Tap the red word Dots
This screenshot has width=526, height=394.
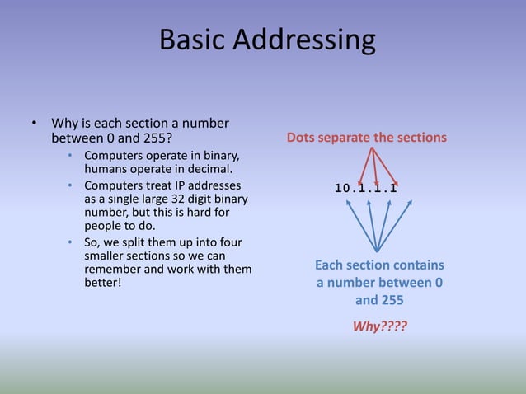coord(304,138)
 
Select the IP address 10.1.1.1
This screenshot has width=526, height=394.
coord(367,188)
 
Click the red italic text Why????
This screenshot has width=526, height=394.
coord(379,326)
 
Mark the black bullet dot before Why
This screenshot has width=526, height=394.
coord(34,124)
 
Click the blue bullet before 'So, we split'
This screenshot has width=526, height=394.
coord(71,242)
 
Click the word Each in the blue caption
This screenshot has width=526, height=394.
coord(329,265)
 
